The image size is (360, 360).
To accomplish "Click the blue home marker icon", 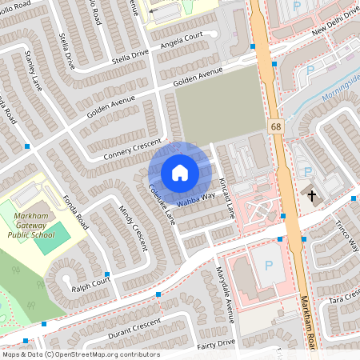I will tap(179, 172).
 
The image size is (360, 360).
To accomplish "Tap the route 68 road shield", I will tap(276, 126).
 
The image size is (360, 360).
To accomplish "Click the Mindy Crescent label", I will tap(134, 227).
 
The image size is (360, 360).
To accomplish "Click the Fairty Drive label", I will tap(216, 344).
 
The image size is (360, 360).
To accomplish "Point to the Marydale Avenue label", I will tap(225, 291).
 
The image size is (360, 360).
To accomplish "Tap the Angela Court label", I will tap(182, 41).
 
